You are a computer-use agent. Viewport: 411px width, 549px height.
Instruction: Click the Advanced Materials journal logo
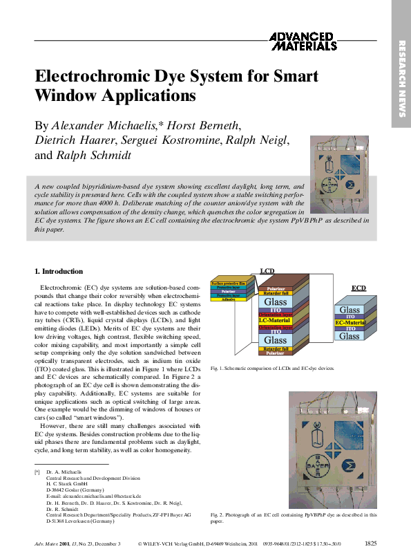click(302, 41)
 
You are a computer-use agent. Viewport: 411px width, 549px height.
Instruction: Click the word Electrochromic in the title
click(88, 76)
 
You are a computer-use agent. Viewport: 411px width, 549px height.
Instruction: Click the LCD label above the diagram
click(267, 271)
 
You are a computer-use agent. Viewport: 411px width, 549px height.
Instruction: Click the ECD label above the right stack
click(359, 287)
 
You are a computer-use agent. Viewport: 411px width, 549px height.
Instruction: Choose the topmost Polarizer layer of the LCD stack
click(276, 288)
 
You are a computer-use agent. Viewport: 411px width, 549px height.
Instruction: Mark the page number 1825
click(370, 543)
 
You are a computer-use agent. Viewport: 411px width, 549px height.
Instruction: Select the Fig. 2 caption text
click(294, 517)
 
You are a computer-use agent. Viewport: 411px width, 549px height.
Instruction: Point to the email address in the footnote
click(93, 496)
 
